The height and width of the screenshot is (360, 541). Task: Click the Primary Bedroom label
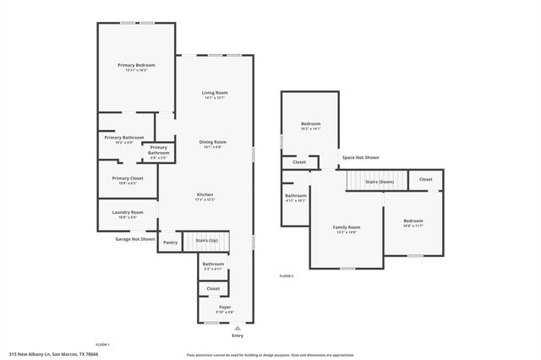pyautogui.click(x=135, y=65)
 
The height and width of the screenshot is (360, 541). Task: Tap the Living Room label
pyautogui.click(x=214, y=93)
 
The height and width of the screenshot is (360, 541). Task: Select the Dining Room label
pyautogui.click(x=212, y=142)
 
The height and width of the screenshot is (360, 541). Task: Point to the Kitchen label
pyautogui.click(x=205, y=194)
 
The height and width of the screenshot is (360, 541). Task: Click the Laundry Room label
pyautogui.click(x=128, y=212)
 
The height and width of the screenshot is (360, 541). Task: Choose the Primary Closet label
pyautogui.click(x=128, y=178)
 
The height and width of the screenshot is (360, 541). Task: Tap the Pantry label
pyautogui.click(x=170, y=243)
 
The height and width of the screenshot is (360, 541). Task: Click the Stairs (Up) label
pyautogui.click(x=207, y=241)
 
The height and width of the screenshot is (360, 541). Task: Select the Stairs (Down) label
pyautogui.click(x=379, y=182)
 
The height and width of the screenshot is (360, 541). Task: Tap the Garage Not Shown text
pyautogui.click(x=135, y=239)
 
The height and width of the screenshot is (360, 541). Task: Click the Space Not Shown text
pyautogui.click(x=360, y=157)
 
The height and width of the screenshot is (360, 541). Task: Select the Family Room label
pyautogui.click(x=346, y=227)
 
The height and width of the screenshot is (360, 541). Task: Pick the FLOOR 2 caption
pyautogui.click(x=287, y=276)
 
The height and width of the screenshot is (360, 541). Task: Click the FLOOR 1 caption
pyautogui.click(x=102, y=345)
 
